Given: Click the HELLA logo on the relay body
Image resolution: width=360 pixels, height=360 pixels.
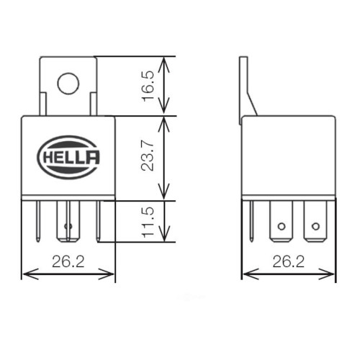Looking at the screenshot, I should tap(68, 154).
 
